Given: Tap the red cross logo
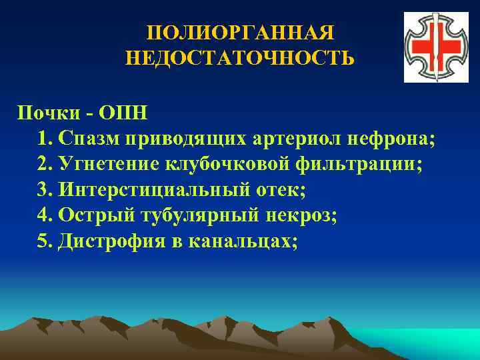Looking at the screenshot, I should coord(431,48).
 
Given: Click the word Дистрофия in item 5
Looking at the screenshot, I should coord(107,242).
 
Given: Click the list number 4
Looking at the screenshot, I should coord(43,216).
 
